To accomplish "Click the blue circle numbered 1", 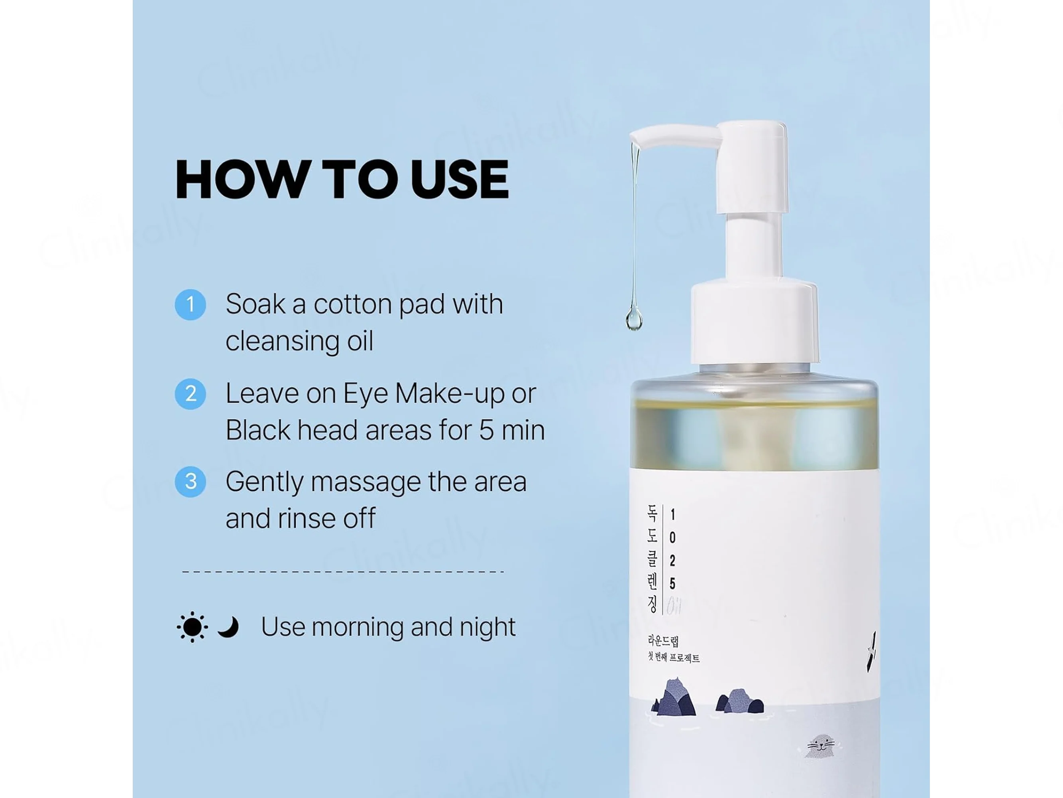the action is click(190, 304).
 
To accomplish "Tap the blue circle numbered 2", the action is click(190, 394).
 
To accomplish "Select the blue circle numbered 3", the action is click(190, 482).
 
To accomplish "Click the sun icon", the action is click(192, 627).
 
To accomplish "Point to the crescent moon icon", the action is click(228, 627).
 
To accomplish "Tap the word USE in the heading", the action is click(460, 180).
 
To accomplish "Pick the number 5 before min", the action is click(486, 430).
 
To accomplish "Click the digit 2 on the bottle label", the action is click(672, 560).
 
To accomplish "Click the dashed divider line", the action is click(343, 571).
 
